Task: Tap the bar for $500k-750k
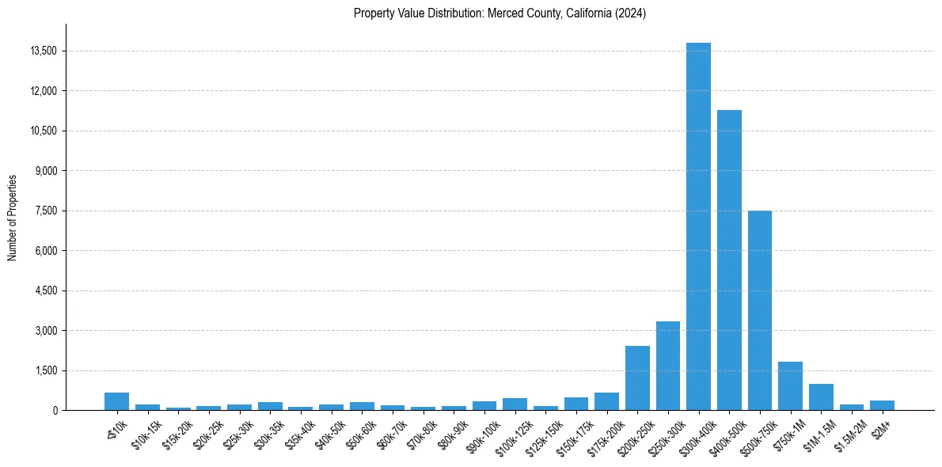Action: point(760,310)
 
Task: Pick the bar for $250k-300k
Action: point(668,366)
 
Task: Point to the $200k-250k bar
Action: point(637,378)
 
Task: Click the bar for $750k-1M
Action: point(790,385)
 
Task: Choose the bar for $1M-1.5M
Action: point(821,397)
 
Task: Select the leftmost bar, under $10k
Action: point(116,401)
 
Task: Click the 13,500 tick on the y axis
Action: point(43,51)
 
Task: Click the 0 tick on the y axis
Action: point(55,411)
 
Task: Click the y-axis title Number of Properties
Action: point(13,217)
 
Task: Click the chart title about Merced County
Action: point(499,13)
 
